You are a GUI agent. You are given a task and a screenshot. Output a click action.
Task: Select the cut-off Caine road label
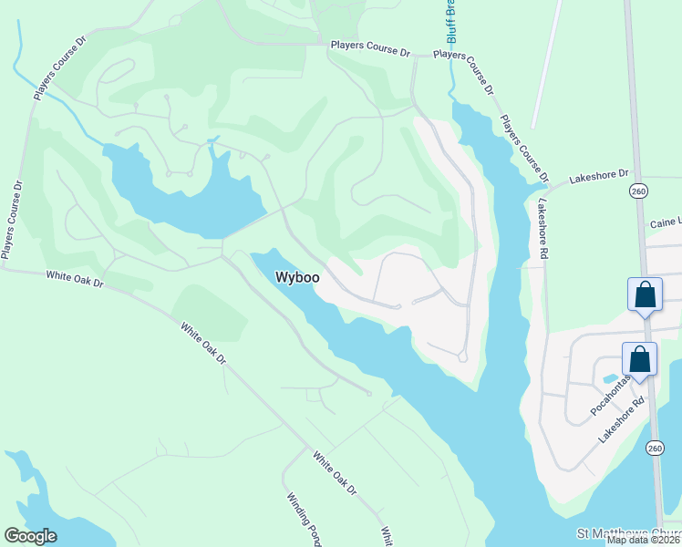[x=665, y=222]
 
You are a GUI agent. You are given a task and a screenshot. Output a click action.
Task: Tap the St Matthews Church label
[x=629, y=533]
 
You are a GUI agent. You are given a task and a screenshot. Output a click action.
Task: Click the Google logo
[x=31, y=536]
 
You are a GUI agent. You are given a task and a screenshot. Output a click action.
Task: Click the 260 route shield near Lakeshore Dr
[x=637, y=191]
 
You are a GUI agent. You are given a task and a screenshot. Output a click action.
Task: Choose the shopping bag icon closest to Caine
[x=645, y=295]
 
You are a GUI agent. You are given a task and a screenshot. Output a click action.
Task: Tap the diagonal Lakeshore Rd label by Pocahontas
[x=622, y=420]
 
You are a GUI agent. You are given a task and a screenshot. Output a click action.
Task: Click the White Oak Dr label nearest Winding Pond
[x=334, y=474]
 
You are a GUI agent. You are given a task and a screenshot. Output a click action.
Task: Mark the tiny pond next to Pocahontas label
[x=609, y=377]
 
